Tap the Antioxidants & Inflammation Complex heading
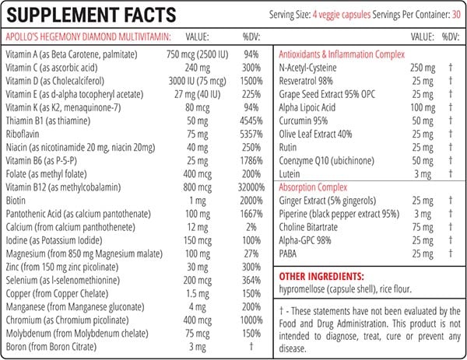click(x=342, y=54)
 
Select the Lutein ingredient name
click(x=290, y=174)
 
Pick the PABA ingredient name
click(x=290, y=253)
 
